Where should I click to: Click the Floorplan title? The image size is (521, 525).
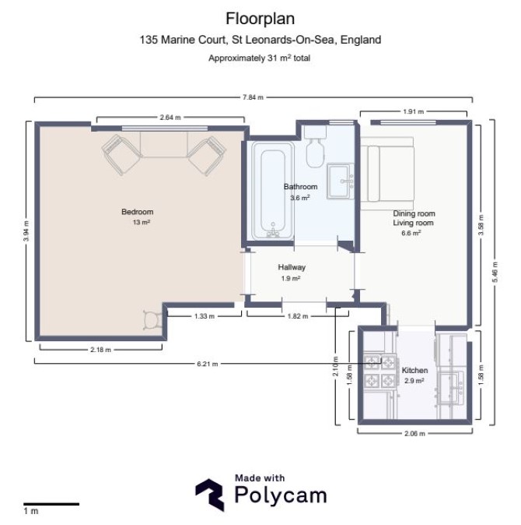pos(260,19)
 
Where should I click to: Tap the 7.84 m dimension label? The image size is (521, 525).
pos(253,97)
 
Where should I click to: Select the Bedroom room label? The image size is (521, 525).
pos(138,212)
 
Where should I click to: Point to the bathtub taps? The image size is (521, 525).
pos(273,231)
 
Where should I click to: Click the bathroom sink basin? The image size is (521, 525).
pos(340,181)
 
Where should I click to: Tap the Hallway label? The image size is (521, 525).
pos(292,267)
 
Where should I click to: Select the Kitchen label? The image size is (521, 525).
pos(414,370)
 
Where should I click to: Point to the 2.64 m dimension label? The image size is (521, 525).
pos(170,117)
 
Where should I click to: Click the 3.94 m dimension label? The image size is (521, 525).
pos(26,231)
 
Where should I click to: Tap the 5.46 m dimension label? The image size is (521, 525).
pos(495,272)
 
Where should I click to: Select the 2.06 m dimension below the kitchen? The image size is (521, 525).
pos(414,434)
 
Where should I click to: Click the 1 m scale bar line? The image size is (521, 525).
pos(51,504)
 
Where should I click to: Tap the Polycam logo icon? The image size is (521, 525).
pos(210,495)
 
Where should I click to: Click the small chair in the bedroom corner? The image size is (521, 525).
pos(152,320)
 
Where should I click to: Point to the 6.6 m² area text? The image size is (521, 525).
pos(411,233)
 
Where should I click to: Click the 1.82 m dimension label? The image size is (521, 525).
pos(297,315)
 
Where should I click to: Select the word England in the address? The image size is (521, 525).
pos(361,40)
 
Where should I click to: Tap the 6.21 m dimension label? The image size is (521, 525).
pos(207,364)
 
